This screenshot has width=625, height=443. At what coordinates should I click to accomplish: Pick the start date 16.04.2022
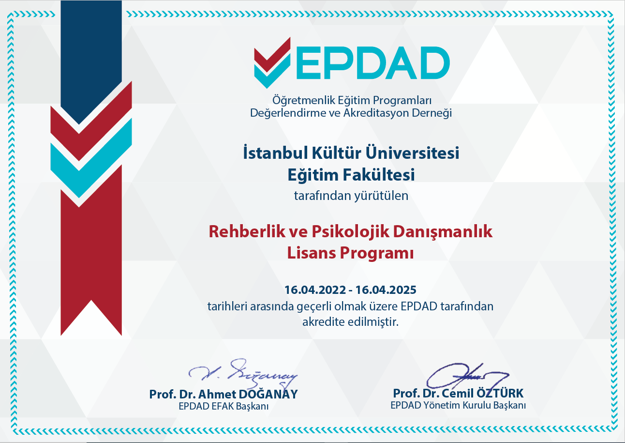tap(315, 290)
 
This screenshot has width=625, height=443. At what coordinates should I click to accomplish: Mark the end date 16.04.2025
tap(386, 290)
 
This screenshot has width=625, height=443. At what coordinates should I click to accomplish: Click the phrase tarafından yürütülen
tap(351, 196)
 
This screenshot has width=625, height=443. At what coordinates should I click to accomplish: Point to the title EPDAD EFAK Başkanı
tap(223, 407)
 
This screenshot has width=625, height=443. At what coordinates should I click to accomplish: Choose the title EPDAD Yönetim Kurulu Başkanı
tap(458, 405)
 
